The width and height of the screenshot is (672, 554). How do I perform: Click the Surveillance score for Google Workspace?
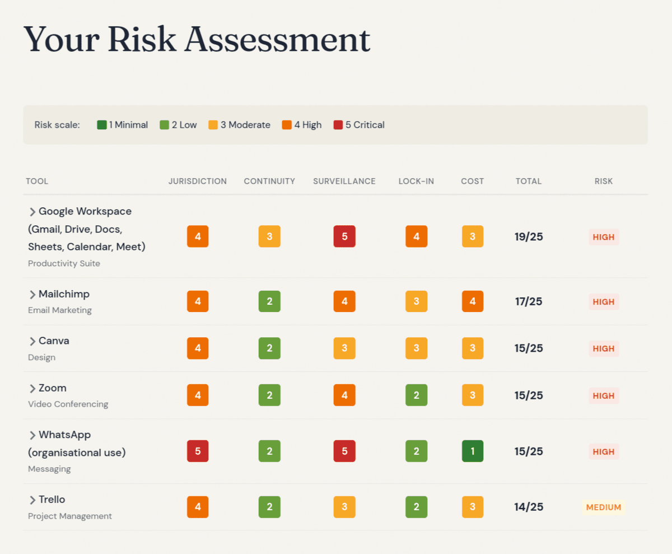(344, 236)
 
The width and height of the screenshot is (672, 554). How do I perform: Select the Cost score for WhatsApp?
(473, 451)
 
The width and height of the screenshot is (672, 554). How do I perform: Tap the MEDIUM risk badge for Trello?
(604, 507)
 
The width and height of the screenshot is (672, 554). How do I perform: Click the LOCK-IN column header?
(416, 181)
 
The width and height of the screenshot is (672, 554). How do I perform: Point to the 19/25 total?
(529, 236)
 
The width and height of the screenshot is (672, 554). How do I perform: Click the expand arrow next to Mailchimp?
(32, 295)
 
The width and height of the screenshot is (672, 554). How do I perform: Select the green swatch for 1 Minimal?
(102, 125)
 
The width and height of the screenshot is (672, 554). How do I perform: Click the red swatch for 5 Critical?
(338, 125)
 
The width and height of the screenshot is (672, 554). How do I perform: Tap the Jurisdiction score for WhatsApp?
(198, 451)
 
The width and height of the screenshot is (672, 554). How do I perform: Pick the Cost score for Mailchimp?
(473, 301)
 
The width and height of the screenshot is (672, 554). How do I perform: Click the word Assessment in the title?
(277, 40)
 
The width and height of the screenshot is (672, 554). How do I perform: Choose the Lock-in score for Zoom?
(416, 395)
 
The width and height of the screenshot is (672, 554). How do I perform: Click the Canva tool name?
(54, 341)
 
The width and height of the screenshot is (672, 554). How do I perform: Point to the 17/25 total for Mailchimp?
(529, 301)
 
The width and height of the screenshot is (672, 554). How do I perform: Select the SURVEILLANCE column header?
(344, 181)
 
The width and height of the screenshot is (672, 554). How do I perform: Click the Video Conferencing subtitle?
(68, 404)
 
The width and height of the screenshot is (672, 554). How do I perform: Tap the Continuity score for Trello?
(269, 507)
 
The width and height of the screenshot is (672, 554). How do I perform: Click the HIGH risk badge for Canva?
(604, 348)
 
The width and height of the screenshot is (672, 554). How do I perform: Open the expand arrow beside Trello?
(32, 500)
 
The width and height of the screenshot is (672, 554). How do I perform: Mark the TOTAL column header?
(529, 181)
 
